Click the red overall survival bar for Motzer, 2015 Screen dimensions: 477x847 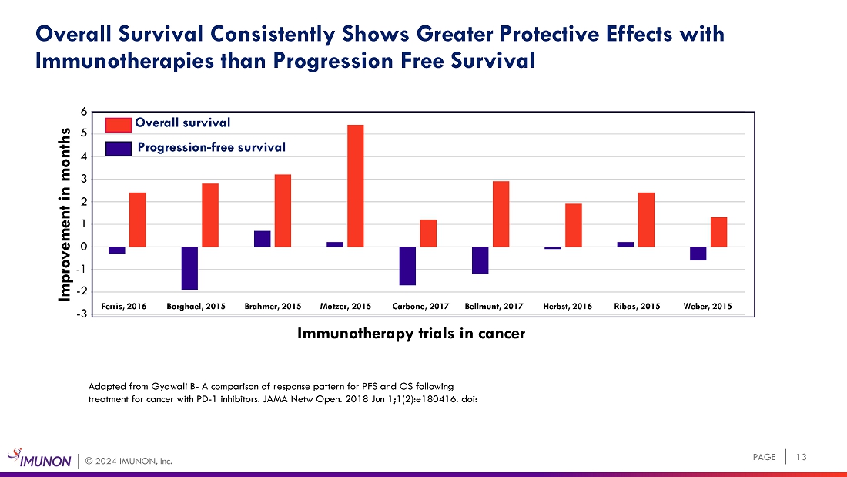coord(356,186)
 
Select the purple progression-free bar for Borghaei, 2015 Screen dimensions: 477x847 coord(189,268)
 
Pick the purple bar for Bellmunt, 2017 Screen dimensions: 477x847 coord(480,260)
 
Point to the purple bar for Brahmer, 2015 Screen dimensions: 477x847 coord(262,239)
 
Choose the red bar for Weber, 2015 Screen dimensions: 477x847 coord(718,232)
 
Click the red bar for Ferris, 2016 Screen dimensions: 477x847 coord(138,220)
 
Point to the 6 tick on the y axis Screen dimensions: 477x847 coord(85,112)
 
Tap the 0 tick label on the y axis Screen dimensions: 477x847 coord(85,247)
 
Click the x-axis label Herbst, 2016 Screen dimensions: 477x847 coord(567,307)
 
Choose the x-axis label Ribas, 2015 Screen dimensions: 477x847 coord(637,307)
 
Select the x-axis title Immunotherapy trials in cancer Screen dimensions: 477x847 coord(411,334)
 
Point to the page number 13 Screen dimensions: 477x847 coord(802,458)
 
